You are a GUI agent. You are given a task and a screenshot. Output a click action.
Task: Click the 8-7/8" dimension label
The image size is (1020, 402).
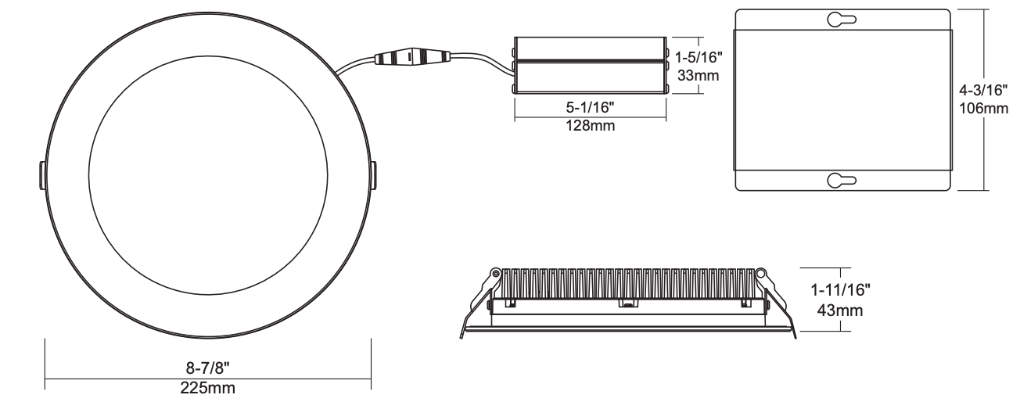[x=207, y=368]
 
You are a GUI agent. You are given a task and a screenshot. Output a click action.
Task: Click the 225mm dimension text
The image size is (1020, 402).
[x=207, y=387]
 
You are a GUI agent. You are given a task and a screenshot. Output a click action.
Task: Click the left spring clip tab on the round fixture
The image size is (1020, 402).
[x=40, y=175]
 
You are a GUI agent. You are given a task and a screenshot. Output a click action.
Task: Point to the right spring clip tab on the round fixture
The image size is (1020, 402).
[x=373, y=175]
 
